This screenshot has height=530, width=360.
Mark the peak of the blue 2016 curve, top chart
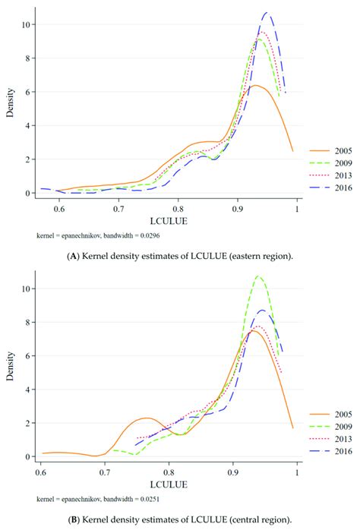click(x=267, y=13)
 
